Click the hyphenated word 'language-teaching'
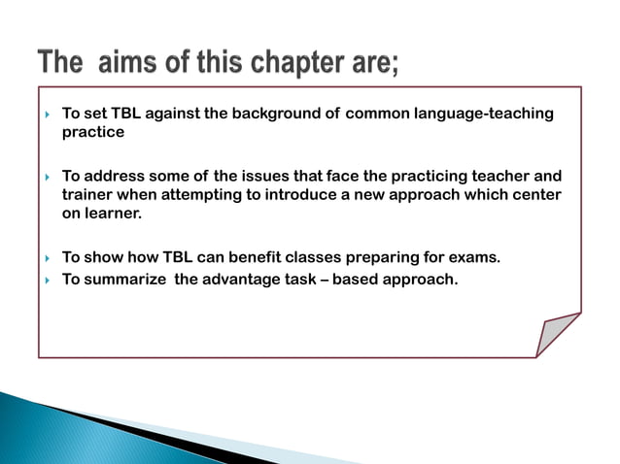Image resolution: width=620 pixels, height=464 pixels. (x=484, y=115)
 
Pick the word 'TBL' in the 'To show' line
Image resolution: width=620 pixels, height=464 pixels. (x=158, y=257)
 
